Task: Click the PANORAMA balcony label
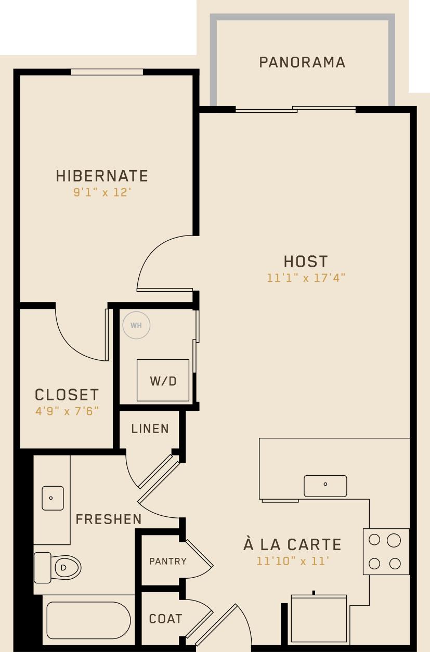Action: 302,62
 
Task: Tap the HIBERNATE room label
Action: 102,176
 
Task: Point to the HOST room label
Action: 306,261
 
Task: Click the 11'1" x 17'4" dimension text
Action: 306,278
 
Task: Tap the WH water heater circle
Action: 136,325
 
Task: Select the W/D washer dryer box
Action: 163,380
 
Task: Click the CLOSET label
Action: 67,395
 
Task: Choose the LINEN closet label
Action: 150,429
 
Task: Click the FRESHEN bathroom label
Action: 108,519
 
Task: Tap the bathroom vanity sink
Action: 52,498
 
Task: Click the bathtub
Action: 88,620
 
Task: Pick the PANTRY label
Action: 167,562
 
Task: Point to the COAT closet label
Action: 165,619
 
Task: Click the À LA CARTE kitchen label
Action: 292,545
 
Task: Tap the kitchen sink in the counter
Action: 325,486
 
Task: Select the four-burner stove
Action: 385,552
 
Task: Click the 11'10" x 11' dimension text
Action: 292,562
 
